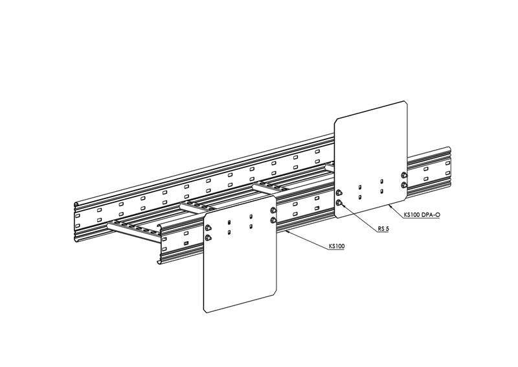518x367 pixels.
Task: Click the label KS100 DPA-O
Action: click(422, 215)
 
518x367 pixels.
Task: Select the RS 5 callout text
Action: click(383, 228)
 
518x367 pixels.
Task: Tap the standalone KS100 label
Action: click(337, 246)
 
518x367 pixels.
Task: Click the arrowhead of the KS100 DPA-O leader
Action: click(390, 206)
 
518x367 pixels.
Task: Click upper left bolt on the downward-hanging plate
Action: click(208, 227)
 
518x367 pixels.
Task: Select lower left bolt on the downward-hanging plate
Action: click(208, 237)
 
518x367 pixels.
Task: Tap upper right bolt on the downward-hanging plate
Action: click(273, 210)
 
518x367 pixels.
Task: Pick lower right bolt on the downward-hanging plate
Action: click(273, 220)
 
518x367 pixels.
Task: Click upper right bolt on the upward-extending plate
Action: click(403, 175)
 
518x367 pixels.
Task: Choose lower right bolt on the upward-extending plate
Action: click(403, 185)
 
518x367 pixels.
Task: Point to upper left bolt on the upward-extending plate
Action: click(339, 193)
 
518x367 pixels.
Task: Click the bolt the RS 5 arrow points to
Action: click(339, 202)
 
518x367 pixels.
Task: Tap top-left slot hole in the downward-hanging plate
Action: click(229, 222)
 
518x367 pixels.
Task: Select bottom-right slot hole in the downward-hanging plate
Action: click(251, 227)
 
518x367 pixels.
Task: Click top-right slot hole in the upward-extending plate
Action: click(381, 182)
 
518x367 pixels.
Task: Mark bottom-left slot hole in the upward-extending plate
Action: click(359, 197)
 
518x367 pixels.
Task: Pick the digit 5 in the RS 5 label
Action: click(387, 228)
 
